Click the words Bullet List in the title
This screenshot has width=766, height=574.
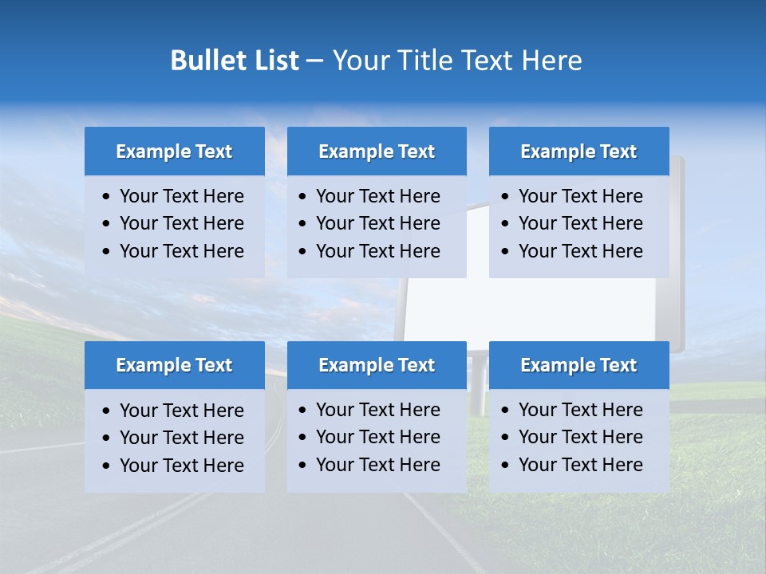pos(235,61)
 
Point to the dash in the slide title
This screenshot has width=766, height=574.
pos(314,61)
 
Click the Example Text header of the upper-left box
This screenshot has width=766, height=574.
pos(174,151)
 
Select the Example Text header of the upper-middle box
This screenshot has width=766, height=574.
pos(377,151)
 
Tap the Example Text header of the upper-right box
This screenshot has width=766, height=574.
pos(578,151)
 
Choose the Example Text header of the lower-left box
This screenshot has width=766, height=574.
pos(174,365)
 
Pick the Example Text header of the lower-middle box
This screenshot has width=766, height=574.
pos(377,365)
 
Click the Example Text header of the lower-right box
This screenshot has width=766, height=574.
pos(578,365)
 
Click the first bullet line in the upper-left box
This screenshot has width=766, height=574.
pos(181,196)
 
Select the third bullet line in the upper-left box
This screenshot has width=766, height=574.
pos(181,251)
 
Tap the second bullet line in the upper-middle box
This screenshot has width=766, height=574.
pos(377,223)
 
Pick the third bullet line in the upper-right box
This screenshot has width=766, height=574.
pos(580,251)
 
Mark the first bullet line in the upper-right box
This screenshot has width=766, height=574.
pos(580,196)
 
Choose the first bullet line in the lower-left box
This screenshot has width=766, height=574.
pos(181,411)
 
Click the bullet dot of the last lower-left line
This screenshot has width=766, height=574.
pos(107,466)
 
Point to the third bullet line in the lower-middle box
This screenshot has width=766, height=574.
pos(377,465)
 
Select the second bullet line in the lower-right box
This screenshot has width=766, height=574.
pos(580,437)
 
